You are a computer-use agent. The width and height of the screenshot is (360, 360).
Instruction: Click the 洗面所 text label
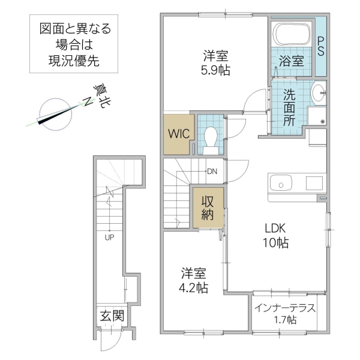(289, 106)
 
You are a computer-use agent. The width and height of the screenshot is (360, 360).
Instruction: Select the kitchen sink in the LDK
(280, 182)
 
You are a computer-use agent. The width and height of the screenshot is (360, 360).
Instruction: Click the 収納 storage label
(208, 208)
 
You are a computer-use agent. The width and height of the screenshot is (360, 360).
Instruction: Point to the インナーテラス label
(284, 310)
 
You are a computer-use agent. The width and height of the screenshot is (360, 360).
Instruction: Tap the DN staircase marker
(212, 171)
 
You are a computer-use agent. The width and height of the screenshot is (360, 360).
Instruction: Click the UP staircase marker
(109, 236)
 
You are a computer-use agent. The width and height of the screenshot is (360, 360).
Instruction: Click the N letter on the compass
(86, 103)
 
